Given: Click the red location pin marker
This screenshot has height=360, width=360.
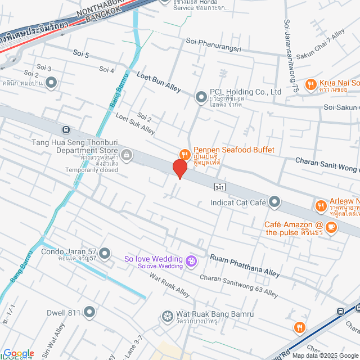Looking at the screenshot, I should click(x=179, y=168).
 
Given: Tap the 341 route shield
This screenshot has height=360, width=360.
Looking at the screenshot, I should click(x=220, y=187).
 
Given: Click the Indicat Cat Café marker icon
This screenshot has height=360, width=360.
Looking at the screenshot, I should click(x=274, y=201).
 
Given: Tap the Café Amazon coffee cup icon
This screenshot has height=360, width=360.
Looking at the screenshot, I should click(x=331, y=227).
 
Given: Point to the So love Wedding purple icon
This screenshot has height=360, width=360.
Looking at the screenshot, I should click(x=191, y=262).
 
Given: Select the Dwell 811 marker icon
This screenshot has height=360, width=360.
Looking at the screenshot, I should click(x=90, y=312).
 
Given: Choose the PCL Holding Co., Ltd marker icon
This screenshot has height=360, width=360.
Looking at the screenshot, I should click(x=201, y=97).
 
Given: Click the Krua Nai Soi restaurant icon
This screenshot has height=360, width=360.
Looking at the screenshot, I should click(x=310, y=85).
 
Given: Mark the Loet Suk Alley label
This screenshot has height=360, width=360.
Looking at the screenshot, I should click(x=135, y=123).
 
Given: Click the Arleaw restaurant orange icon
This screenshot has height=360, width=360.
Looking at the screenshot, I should click(x=320, y=206).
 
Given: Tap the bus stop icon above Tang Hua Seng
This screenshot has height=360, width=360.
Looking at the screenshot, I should click(x=66, y=130).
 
